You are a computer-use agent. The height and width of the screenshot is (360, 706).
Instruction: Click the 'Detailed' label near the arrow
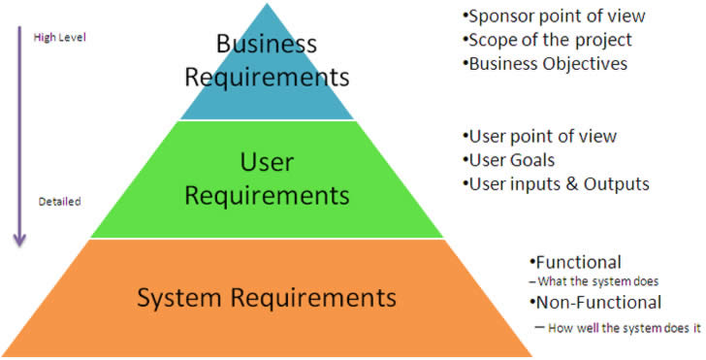coord(58,202)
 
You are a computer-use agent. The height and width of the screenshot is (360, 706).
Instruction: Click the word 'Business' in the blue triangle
coord(266,45)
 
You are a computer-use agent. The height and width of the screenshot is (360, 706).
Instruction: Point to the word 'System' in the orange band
coord(183,295)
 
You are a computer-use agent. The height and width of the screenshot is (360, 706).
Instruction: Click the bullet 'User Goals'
coord(511,160)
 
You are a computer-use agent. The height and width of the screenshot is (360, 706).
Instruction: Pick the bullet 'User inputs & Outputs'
coord(557,183)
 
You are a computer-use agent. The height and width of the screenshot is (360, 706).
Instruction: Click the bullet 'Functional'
coord(576,262)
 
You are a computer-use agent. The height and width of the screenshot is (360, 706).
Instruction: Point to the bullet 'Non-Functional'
coord(595,302)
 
